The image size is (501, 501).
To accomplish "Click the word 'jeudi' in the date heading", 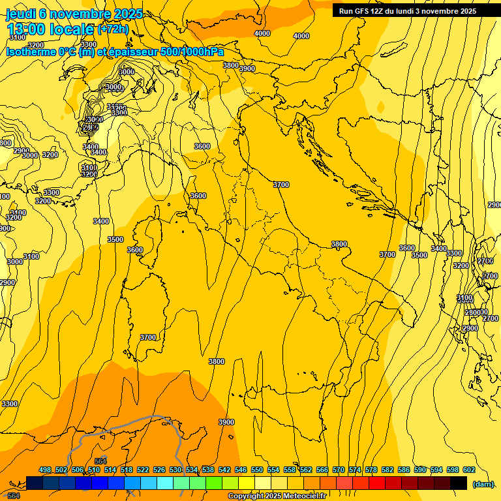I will click(21, 13).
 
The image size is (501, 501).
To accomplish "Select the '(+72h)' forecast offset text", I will click(113, 29).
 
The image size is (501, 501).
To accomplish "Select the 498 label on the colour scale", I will click(45, 470).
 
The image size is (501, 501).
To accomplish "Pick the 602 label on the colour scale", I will click(468, 470).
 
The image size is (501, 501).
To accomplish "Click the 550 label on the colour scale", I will click(257, 470).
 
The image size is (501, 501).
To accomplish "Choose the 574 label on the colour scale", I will click(355, 470).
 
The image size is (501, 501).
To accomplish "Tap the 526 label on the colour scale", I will click(159, 470).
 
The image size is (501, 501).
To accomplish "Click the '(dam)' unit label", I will click(483, 483).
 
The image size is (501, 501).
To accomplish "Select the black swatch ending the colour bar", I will click(459, 483).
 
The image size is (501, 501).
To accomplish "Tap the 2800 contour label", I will click(473, 312).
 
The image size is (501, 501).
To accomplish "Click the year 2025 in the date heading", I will click(128, 13).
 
